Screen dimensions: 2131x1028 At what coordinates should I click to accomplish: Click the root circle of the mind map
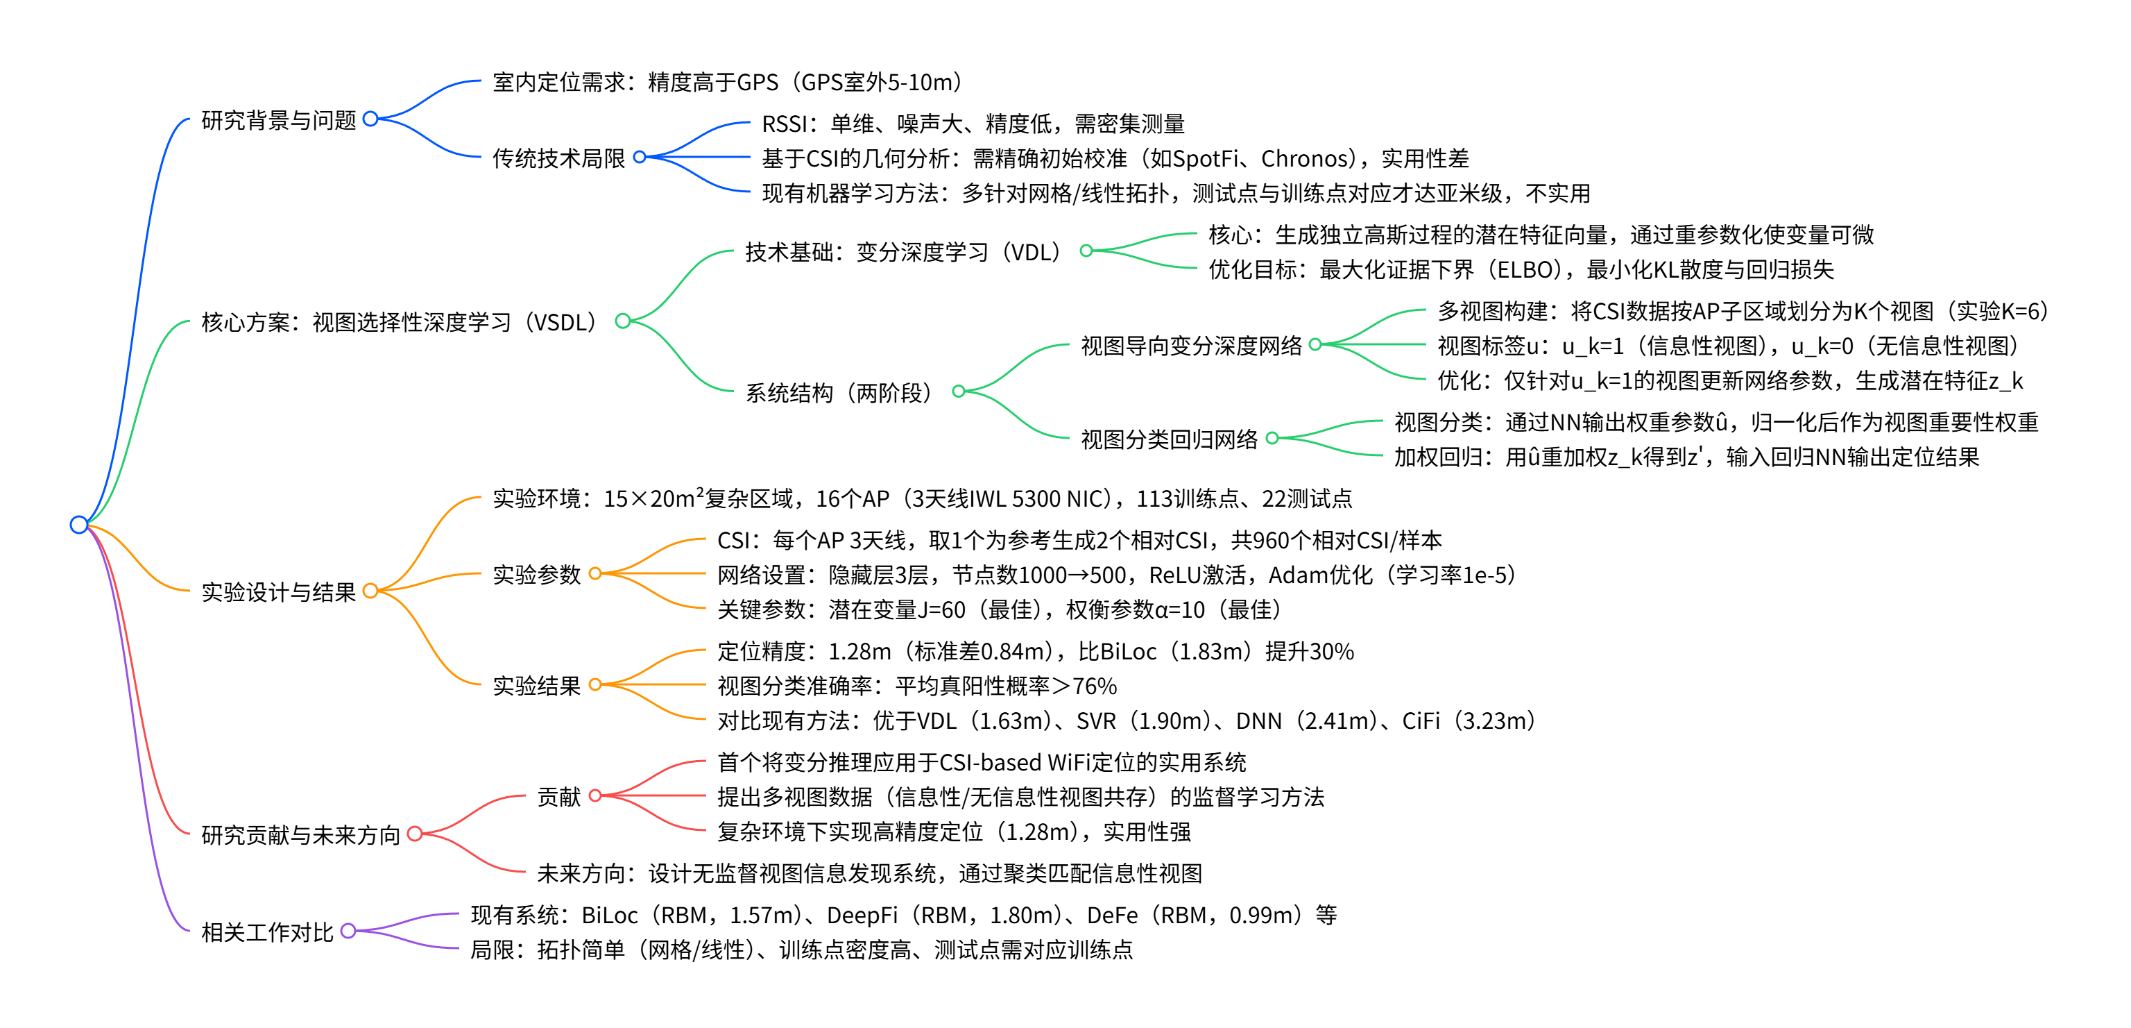(78, 524)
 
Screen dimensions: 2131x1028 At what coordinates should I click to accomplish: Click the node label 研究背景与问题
(278, 120)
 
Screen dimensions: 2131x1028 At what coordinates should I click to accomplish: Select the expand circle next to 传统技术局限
(640, 156)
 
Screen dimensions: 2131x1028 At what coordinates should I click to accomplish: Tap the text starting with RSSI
(972, 124)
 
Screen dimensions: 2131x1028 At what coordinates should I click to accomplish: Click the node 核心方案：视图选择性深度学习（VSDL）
(399, 321)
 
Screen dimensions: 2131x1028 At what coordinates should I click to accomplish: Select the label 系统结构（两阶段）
(839, 392)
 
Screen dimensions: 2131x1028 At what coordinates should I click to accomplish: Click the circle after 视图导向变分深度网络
(1315, 344)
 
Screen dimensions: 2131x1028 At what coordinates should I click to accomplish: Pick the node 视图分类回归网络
(1168, 439)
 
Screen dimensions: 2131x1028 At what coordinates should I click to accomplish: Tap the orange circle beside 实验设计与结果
(370, 590)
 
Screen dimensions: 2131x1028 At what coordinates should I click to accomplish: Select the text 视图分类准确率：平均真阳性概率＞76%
(916, 686)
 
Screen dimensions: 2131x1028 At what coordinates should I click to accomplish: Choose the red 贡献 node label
(558, 796)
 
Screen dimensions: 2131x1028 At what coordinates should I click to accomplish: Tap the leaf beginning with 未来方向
(868, 873)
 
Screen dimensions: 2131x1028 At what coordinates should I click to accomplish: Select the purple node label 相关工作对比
(266, 932)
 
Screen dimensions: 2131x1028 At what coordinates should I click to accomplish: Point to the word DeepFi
(861, 915)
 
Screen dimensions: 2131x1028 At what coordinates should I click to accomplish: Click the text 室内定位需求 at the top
(559, 82)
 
